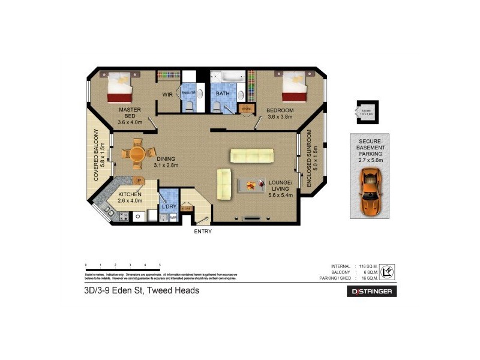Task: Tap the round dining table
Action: (x=136, y=153)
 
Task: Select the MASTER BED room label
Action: (x=130, y=113)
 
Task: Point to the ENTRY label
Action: (x=202, y=231)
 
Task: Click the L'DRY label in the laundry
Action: (x=169, y=207)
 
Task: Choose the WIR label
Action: (x=168, y=95)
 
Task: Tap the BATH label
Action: (x=223, y=94)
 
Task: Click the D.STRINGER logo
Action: (x=371, y=292)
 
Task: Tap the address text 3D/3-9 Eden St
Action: (x=142, y=290)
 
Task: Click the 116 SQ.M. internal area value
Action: (x=367, y=266)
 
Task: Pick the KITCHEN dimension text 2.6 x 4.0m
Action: (x=130, y=201)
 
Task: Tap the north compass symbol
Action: (x=388, y=272)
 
